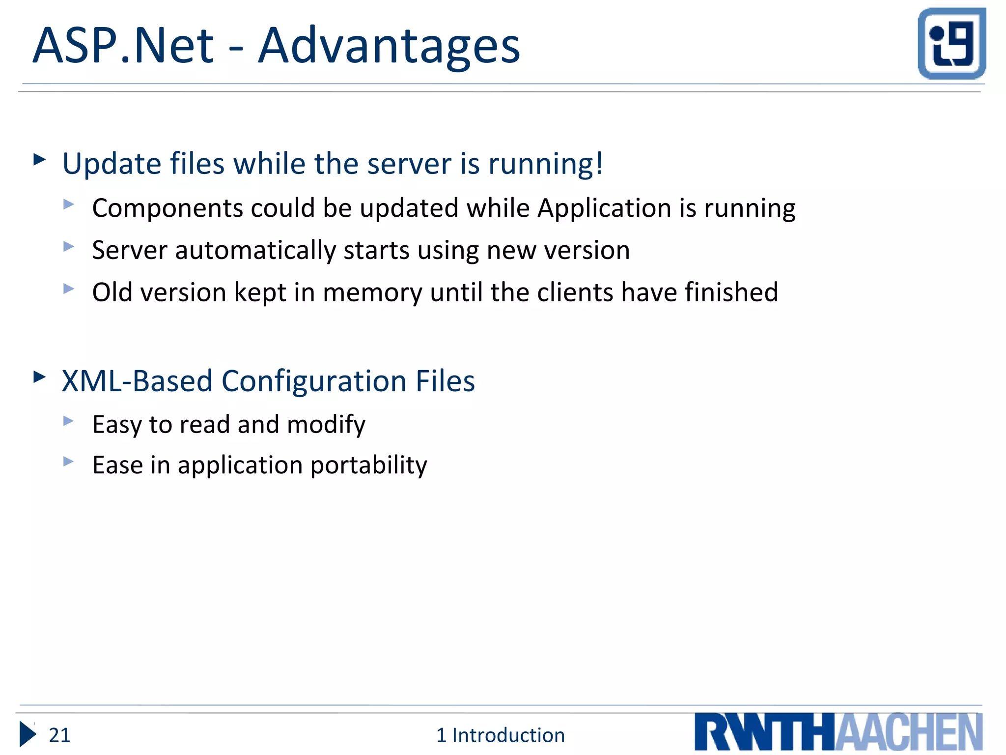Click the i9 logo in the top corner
[951, 43]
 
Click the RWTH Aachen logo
[838, 732]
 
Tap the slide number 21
[59, 735]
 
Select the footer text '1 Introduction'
[500, 735]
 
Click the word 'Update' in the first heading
[112, 163]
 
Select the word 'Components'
[168, 208]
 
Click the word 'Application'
[604, 208]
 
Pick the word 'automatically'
[255, 251]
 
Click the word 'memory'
[372, 293]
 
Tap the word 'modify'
[326, 425]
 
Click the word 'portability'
[368, 465]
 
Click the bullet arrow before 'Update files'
[39, 159]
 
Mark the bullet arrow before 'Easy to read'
[68, 421]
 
